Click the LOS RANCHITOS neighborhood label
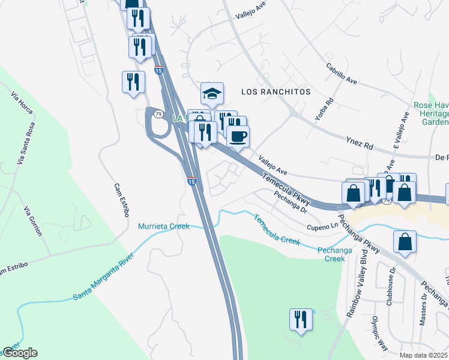[x=276, y=92]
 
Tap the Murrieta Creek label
[x=164, y=226]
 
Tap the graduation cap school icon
[x=212, y=93]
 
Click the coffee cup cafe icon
[x=238, y=136]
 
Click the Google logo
[x=20, y=353]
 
